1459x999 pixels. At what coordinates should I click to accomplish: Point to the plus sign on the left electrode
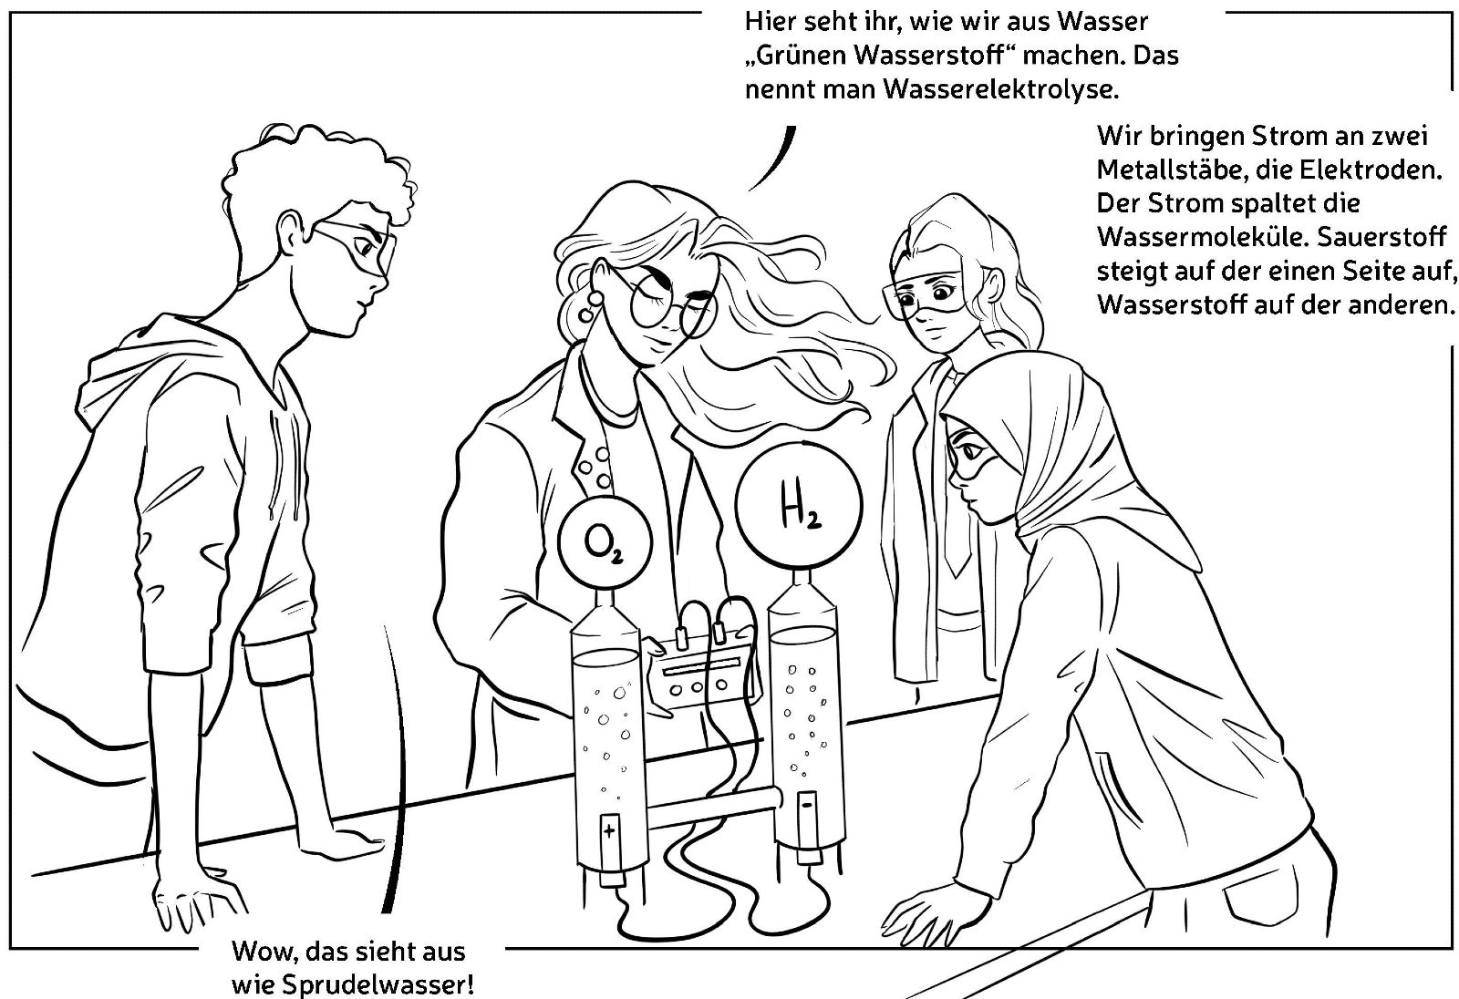tap(610, 831)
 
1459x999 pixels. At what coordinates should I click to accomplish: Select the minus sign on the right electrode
tap(807, 805)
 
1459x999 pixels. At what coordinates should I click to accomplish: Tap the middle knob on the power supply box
tap(698, 686)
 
